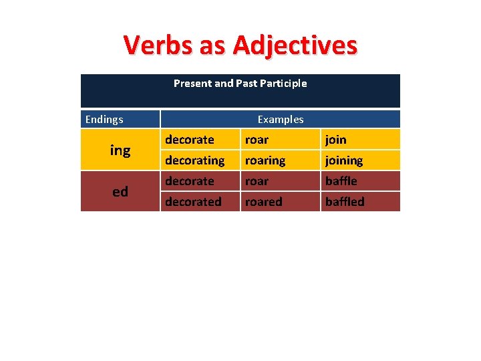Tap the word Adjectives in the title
coord(295,45)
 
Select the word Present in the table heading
coord(192,84)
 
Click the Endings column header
coord(104,120)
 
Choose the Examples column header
coord(281,120)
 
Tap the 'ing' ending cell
coord(120,150)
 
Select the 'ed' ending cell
coord(120,192)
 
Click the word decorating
coord(194,160)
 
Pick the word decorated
coord(193,202)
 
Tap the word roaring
coord(265,160)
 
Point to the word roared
coord(264,202)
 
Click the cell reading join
coord(336,140)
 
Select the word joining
coord(344,160)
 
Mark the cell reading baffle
coord(341,181)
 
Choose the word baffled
coord(345,202)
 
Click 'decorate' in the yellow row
coord(190,140)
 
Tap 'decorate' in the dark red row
coord(190,181)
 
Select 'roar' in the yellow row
coord(257,140)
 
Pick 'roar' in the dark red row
coord(257,181)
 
